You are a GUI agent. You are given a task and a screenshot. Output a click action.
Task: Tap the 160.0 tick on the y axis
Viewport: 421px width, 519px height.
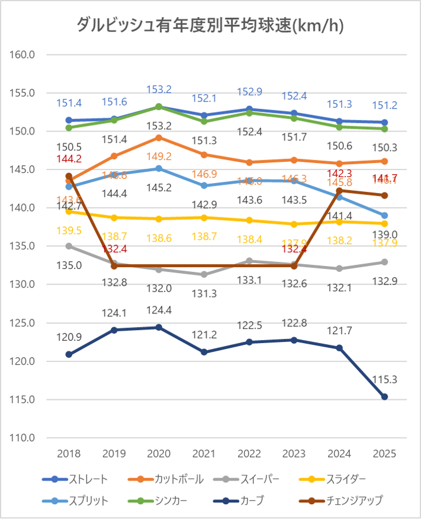[x=24, y=55]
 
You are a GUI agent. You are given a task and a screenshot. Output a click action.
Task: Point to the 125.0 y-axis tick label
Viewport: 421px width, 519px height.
[x=24, y=323]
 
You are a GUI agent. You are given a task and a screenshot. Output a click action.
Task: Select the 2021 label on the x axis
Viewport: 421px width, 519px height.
[x=203, y=454]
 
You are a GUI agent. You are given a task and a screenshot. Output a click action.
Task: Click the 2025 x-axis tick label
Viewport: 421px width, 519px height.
[x=384, y=454]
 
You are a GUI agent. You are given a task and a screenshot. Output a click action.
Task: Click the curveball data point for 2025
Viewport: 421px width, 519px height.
[x=384, y=397]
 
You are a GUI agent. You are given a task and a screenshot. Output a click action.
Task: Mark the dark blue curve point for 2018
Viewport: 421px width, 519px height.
[x=69, y=354]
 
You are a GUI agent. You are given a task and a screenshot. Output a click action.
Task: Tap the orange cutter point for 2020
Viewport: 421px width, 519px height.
[x=159, y=137]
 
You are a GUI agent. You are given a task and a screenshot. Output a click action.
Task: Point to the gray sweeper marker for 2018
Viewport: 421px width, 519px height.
[x=69, y=246]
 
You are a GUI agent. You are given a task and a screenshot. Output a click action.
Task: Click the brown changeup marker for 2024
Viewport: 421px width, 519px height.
[x=339, y=191]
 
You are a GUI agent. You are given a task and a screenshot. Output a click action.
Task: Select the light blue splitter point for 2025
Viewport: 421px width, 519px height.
[x=384, y=216]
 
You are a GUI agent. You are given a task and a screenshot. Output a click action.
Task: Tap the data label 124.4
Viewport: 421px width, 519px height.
[x=159, y=309]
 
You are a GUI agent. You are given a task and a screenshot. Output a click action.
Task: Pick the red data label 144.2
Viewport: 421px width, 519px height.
[x=69, y=159]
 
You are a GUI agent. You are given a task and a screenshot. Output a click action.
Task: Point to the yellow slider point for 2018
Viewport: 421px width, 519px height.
[x=69, y=212]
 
